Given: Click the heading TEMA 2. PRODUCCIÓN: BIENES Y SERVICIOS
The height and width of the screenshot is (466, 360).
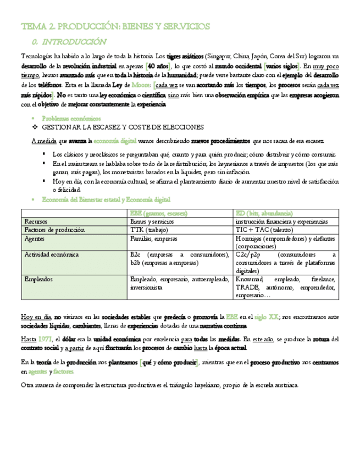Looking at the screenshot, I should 115,26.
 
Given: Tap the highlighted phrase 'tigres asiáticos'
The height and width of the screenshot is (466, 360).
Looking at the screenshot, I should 185,56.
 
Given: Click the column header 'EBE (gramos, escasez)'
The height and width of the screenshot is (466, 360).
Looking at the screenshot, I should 159,213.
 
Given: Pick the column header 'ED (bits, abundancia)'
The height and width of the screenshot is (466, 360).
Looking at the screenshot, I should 264,213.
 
